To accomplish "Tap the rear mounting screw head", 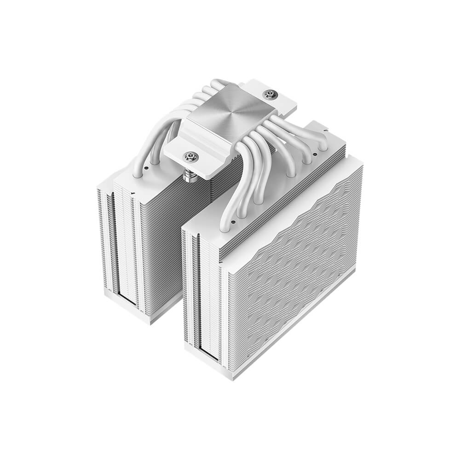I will click(270, 95).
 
